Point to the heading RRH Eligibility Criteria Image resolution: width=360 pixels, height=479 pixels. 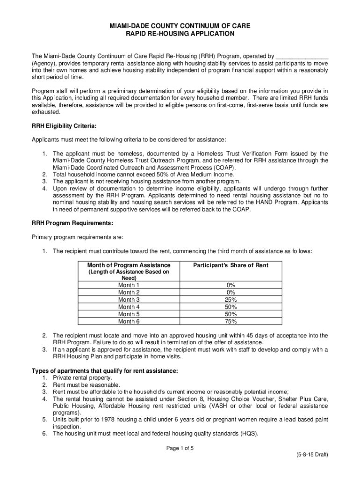[x=64, y=126]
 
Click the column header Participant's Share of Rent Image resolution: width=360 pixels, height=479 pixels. [x=230, y=265]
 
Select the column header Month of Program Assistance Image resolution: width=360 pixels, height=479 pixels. [x=129, y=265]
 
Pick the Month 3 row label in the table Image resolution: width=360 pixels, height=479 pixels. [x=129, y=299]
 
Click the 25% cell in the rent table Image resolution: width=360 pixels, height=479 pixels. [x=230, y=299]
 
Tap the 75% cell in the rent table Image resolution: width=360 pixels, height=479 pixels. [x=230, y=321]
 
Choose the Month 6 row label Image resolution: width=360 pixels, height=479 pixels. [x=129, y=321]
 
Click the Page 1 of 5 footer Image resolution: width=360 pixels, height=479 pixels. [x=180, y=448]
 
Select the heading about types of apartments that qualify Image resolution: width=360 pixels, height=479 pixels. [x=105, y=371]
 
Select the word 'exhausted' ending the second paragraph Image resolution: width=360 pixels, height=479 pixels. [x=46, y=112]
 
